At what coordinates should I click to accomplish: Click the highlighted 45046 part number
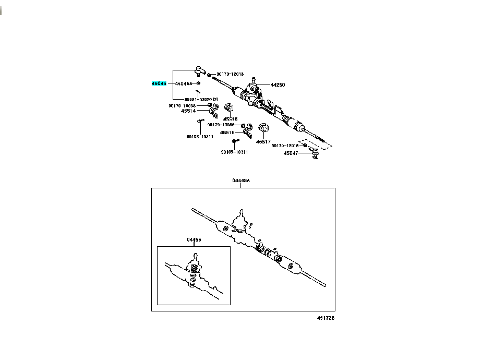(159, 83)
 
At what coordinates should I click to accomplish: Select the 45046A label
(184, 83)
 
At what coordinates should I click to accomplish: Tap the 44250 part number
(277, 85)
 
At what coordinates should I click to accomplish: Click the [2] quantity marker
(214, 99)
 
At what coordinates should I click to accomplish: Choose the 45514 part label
(188, 111)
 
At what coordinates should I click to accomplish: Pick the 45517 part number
(262, 141)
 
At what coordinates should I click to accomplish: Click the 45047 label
(291, 153)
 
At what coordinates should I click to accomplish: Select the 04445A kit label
(241, 180)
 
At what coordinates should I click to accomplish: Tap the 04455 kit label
(194, 240)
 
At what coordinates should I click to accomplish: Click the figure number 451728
(324, 318)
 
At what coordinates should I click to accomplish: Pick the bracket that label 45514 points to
(213, 111)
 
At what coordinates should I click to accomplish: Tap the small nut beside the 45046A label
(199, 83)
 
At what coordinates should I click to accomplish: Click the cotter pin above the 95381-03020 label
(198, 92)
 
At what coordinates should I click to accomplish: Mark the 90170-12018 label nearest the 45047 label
(284, 146)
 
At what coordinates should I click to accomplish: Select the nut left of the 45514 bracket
(210, 105)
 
